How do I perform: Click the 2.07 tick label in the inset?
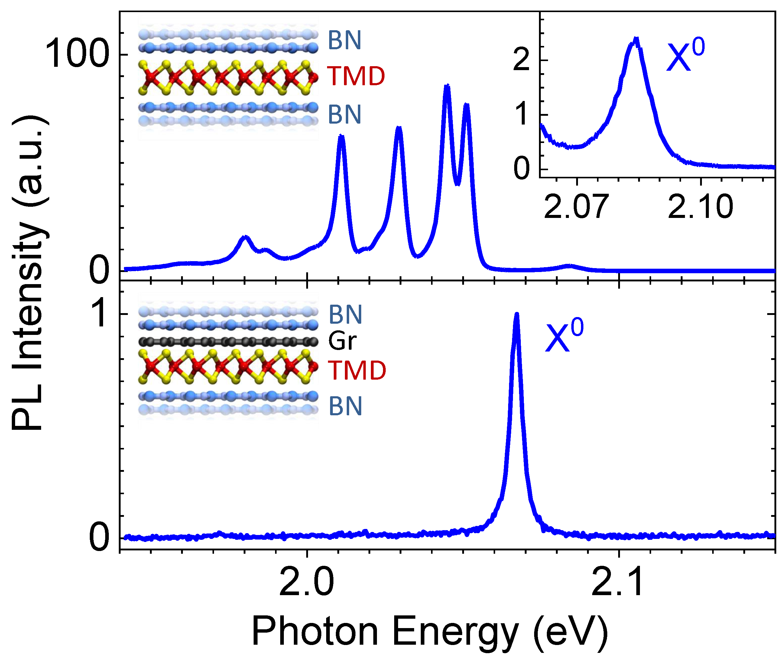pyautogui.click(x=576, y=206)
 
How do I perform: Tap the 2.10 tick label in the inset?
pyautogui.click(x=700, y=206)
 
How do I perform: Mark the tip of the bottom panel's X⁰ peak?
pyautogui.click(x=517, y=314)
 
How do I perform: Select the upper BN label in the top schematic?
pyautogui.click(x=344, y=40)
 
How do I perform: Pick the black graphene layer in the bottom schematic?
pyautogui.click(x=228, y=341)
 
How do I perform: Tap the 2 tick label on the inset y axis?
pyautogui.click(x=521, y=60)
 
